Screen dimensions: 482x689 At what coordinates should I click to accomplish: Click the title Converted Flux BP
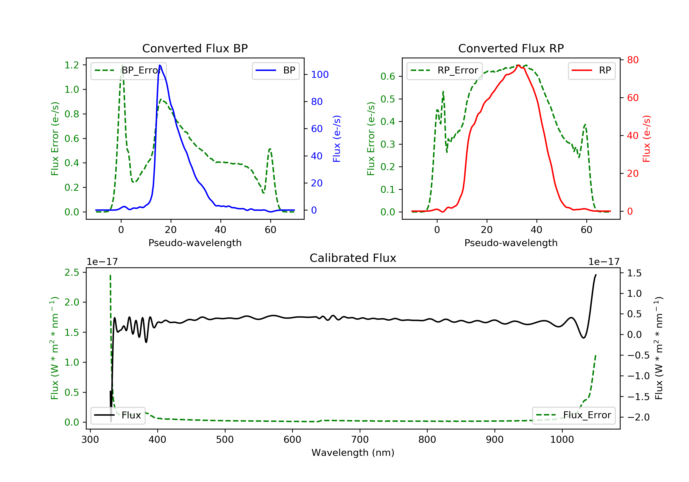pos(195,48)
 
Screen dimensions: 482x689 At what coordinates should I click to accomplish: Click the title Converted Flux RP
pos(511,48)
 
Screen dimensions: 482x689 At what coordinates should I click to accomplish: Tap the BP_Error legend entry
pos(128,70)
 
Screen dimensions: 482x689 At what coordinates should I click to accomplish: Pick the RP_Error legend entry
pos(444,70)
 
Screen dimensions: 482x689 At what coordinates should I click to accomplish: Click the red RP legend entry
pos(591,70)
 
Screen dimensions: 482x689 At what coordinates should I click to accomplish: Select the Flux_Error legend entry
pos(573,415)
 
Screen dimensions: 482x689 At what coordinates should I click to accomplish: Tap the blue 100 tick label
pos(320,75)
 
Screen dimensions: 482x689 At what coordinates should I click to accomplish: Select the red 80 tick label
pos(633,60)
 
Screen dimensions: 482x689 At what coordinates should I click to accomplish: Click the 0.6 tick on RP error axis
pos(388,76)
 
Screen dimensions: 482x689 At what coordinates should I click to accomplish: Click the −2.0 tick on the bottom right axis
pos(638,417)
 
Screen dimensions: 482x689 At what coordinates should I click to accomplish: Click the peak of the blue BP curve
pos(160,65)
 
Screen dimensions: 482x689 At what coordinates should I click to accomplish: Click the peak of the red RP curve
pos(518,65)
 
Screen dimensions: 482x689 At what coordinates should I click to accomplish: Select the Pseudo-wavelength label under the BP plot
pos(195,243)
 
